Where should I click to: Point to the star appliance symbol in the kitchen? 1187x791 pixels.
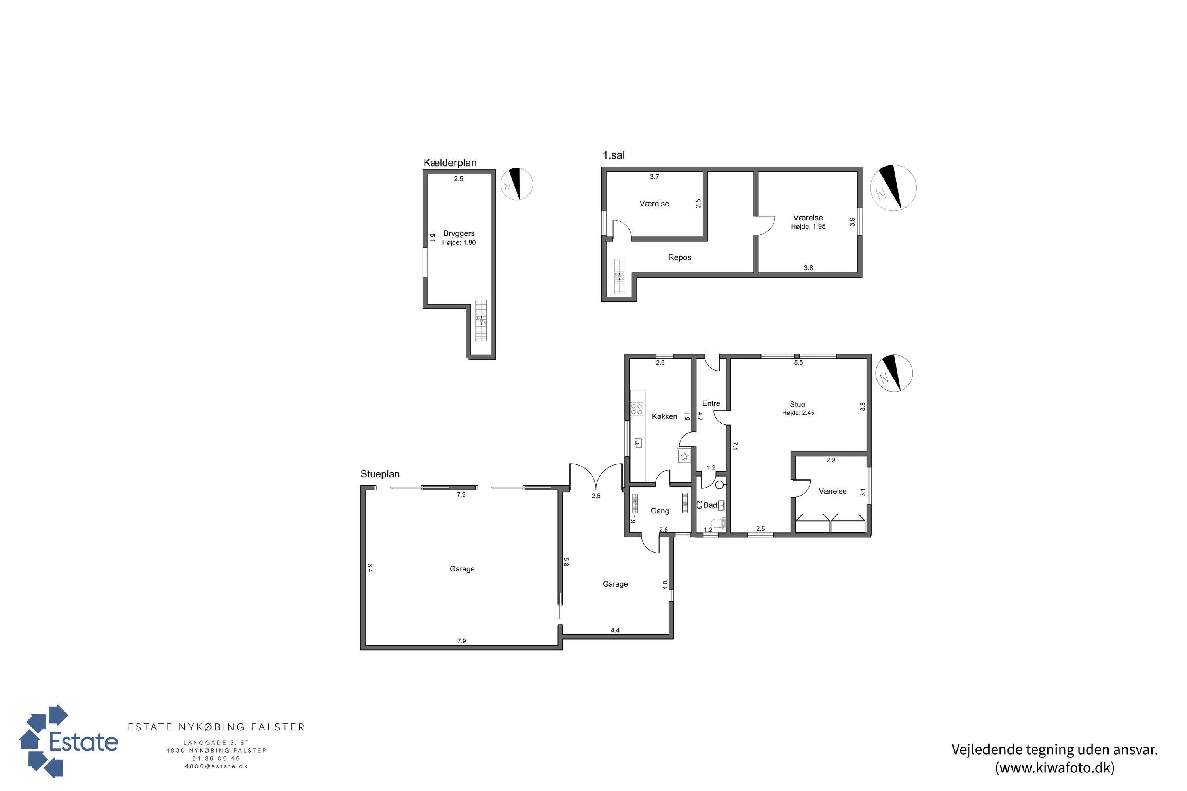tap(685, 456)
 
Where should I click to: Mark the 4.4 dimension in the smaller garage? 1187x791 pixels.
tap(615, 630)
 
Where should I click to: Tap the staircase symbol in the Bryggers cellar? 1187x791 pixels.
tap(482, 320)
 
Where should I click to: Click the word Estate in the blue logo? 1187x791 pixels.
tap(83, 742)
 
